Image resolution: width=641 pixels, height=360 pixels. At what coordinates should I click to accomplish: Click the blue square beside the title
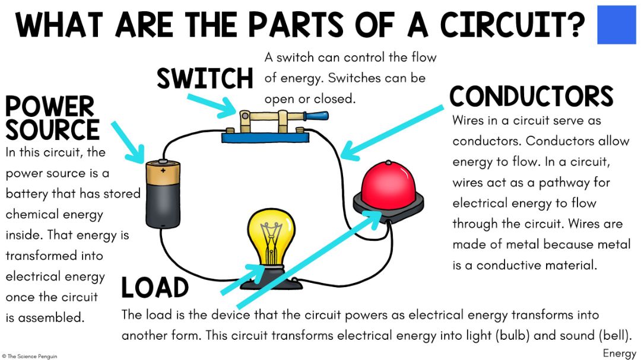point(616,24)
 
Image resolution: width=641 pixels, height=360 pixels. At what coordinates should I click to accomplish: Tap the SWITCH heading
point(205,78)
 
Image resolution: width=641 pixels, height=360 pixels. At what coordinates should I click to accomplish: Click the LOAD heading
point(155,288)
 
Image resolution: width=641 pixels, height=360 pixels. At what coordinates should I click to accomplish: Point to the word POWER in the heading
point(50,107)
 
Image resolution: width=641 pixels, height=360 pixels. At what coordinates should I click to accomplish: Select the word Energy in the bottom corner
point(619,353)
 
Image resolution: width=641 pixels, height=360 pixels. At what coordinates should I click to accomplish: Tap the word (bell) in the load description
point(611,335)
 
